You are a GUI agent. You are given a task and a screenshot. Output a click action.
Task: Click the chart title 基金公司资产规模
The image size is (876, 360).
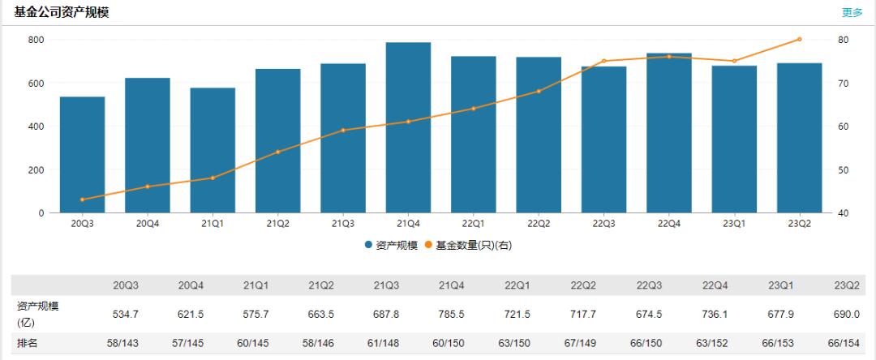point(62,12)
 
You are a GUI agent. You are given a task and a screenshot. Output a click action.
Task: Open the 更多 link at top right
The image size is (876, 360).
point(852,12)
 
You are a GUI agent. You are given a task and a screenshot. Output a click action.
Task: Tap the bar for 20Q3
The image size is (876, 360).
point(82,154)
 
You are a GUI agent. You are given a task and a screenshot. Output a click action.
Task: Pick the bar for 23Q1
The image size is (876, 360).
point(734,139)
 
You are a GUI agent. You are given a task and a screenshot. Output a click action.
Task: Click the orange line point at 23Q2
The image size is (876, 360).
point(799,39)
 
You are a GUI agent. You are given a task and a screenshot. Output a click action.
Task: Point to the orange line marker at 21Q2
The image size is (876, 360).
point(277,152)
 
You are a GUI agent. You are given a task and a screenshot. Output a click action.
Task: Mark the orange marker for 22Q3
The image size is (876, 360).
point(603,61)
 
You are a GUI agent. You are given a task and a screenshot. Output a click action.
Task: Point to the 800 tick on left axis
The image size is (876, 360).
point(36,40)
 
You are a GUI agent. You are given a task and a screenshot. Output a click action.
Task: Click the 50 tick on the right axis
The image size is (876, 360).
point(843,169)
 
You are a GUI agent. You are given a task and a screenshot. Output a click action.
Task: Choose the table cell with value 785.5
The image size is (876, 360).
point(452,314)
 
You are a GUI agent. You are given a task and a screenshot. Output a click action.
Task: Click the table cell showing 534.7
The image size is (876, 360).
point(126,314)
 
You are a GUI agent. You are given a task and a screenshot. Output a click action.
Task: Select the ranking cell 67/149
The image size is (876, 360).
point(582,344)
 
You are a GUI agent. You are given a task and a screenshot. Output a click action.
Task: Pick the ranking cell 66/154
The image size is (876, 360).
point(844,344)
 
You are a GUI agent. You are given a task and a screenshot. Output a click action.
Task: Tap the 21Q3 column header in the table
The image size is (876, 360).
point(386,285)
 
